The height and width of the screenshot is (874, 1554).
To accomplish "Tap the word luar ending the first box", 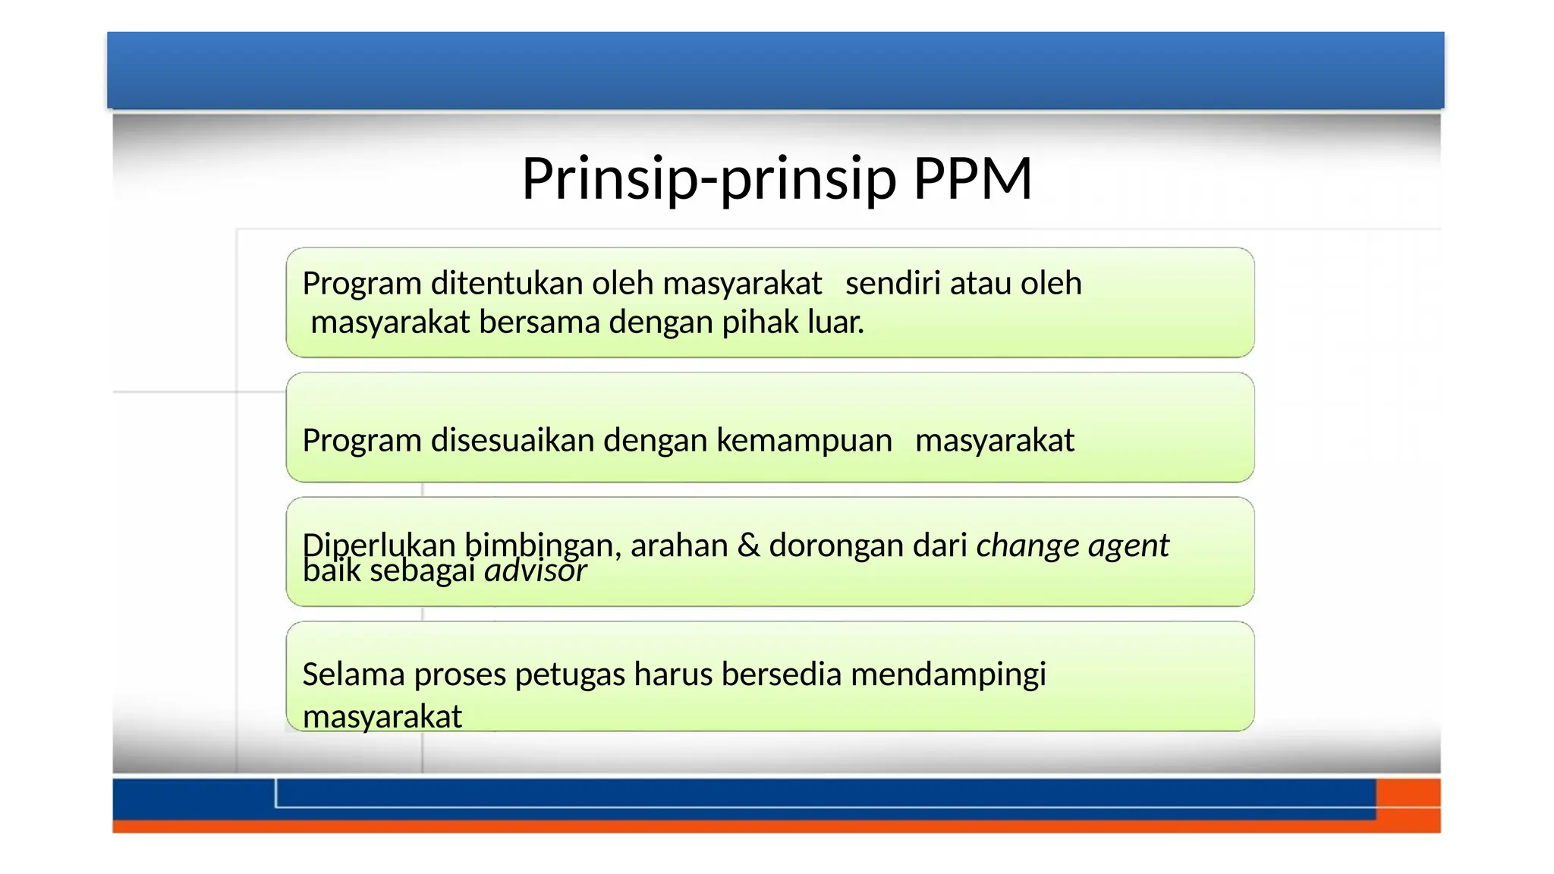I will click(x=834, y=322).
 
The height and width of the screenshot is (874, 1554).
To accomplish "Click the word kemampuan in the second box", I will click(x=804, y=441).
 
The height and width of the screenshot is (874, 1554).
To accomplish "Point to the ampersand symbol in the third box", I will click(x=748, y=545).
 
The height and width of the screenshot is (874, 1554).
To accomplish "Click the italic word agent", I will click(x=1128, y=546).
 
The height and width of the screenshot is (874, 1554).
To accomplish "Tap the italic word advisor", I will click(x=536, y=571).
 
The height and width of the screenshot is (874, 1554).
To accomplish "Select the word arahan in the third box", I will click(x=679, y=545).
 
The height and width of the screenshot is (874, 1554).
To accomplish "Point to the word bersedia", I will click(x=781, y=674).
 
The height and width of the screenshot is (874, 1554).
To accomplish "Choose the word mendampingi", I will click(x=948, y=675).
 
